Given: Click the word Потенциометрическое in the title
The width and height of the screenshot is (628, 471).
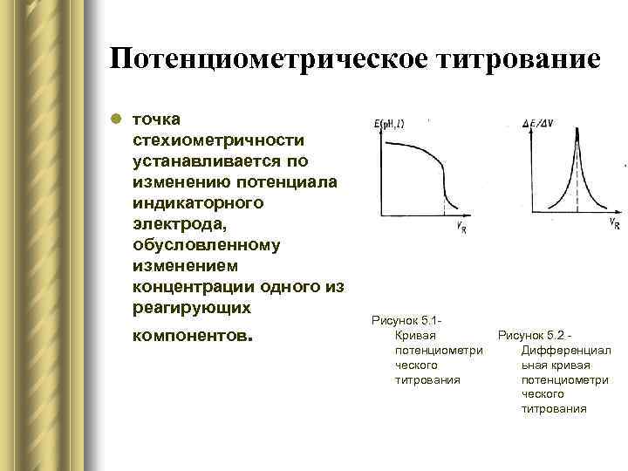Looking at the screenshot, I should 269,58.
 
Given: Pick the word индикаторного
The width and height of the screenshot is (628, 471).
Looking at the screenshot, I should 198,203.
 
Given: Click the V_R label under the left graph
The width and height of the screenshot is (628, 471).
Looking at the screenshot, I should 459,228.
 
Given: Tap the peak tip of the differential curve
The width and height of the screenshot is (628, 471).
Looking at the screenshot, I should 574,131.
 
